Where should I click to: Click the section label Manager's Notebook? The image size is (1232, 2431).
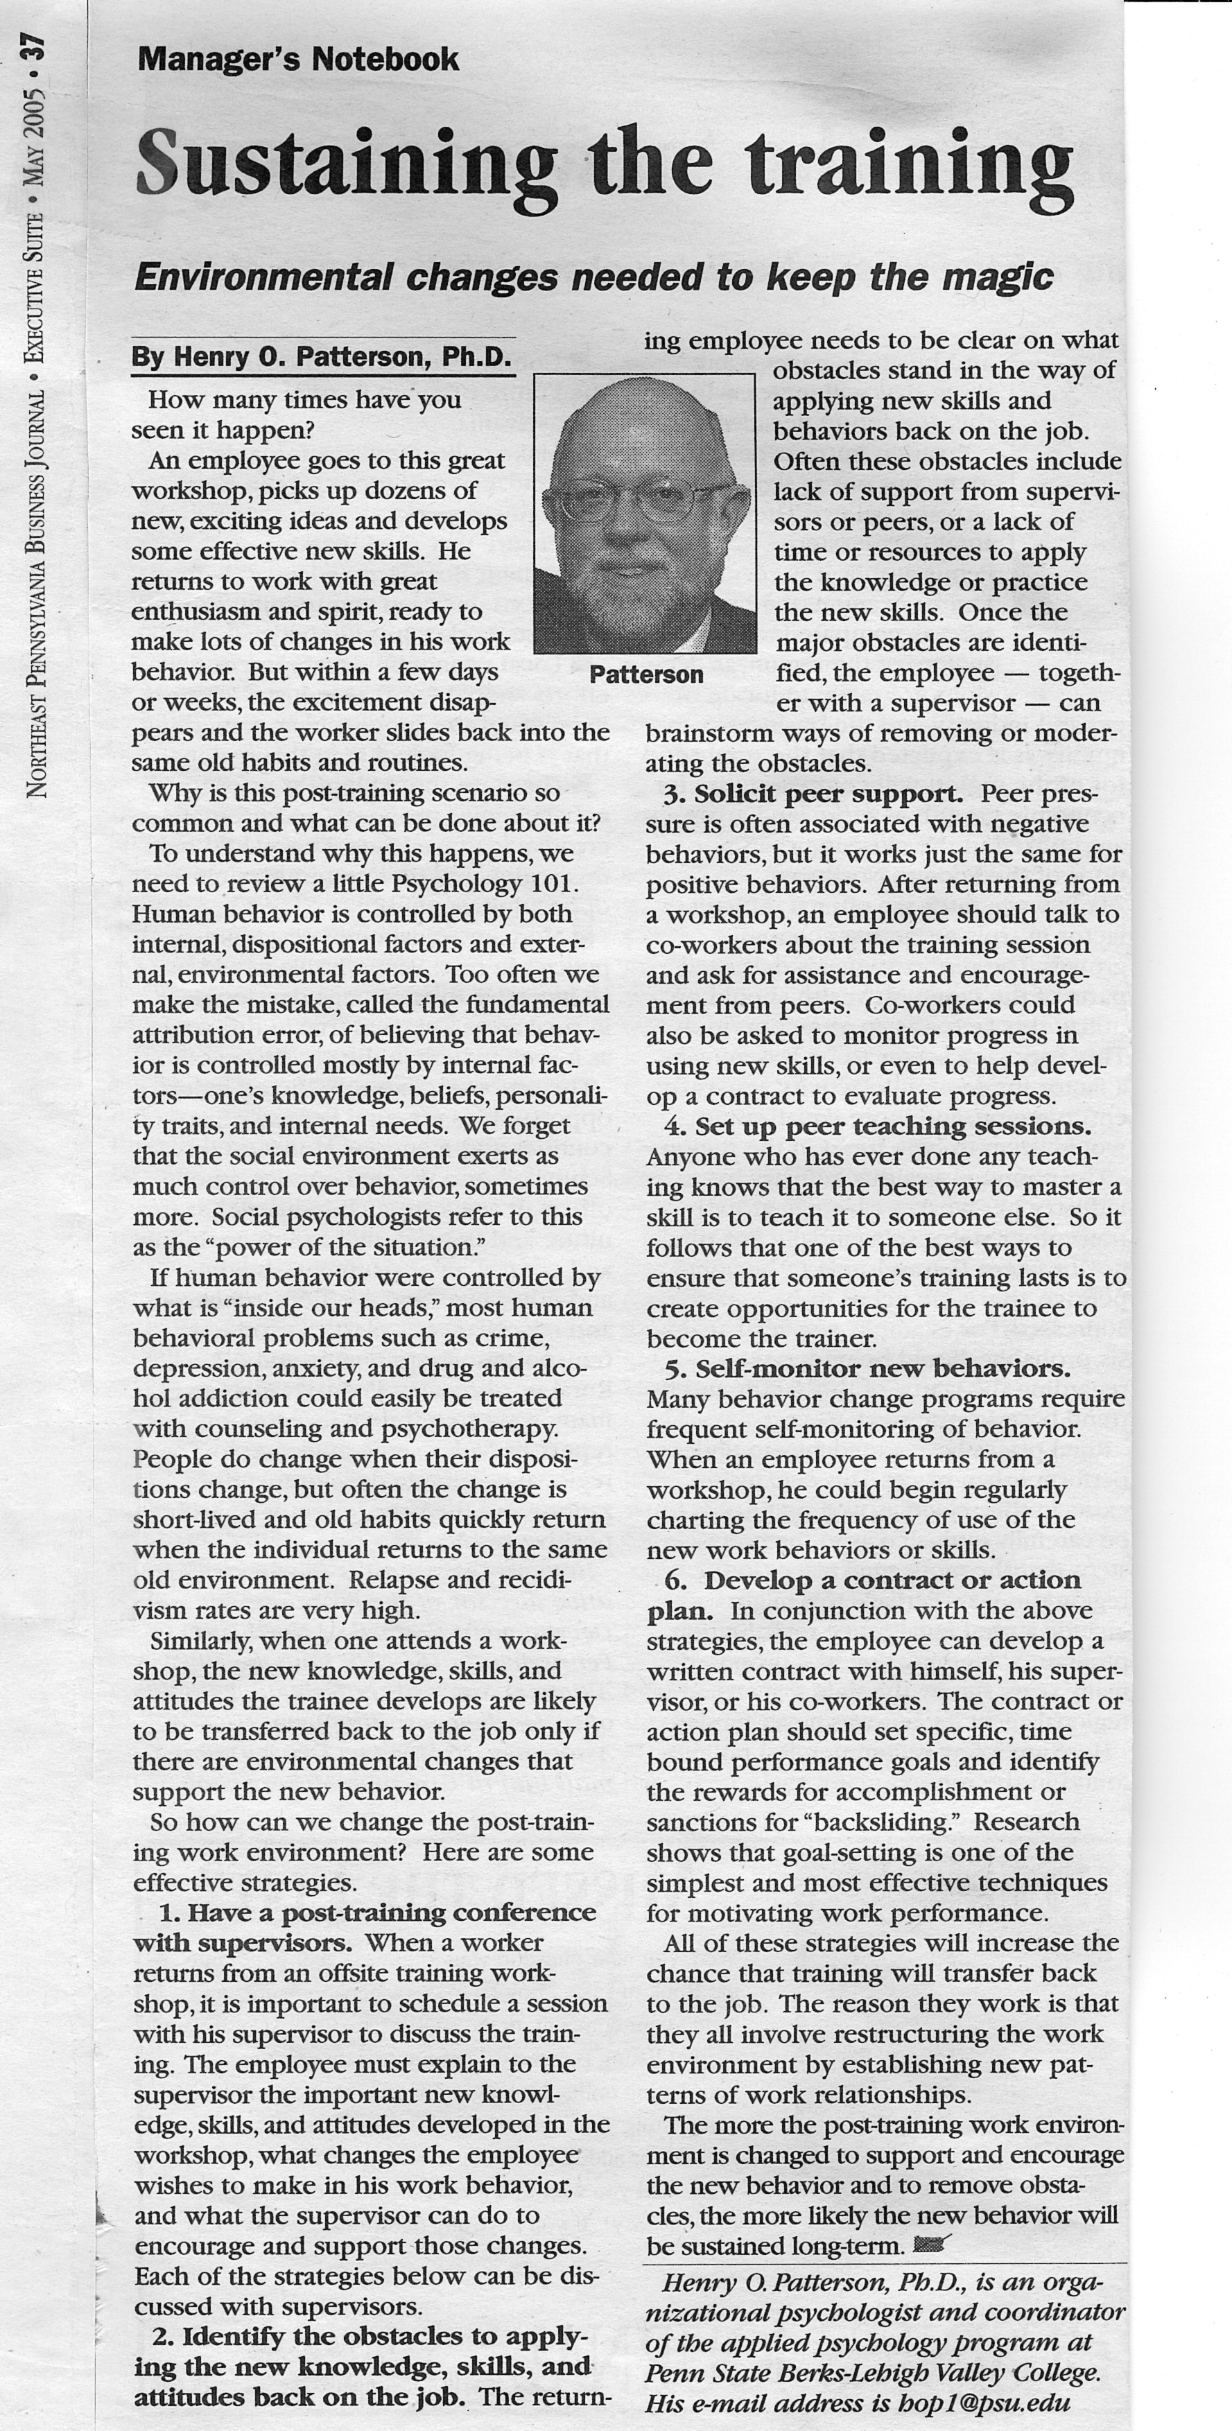coord(298,60)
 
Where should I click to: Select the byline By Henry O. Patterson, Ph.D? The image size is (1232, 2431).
coord(322,358)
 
